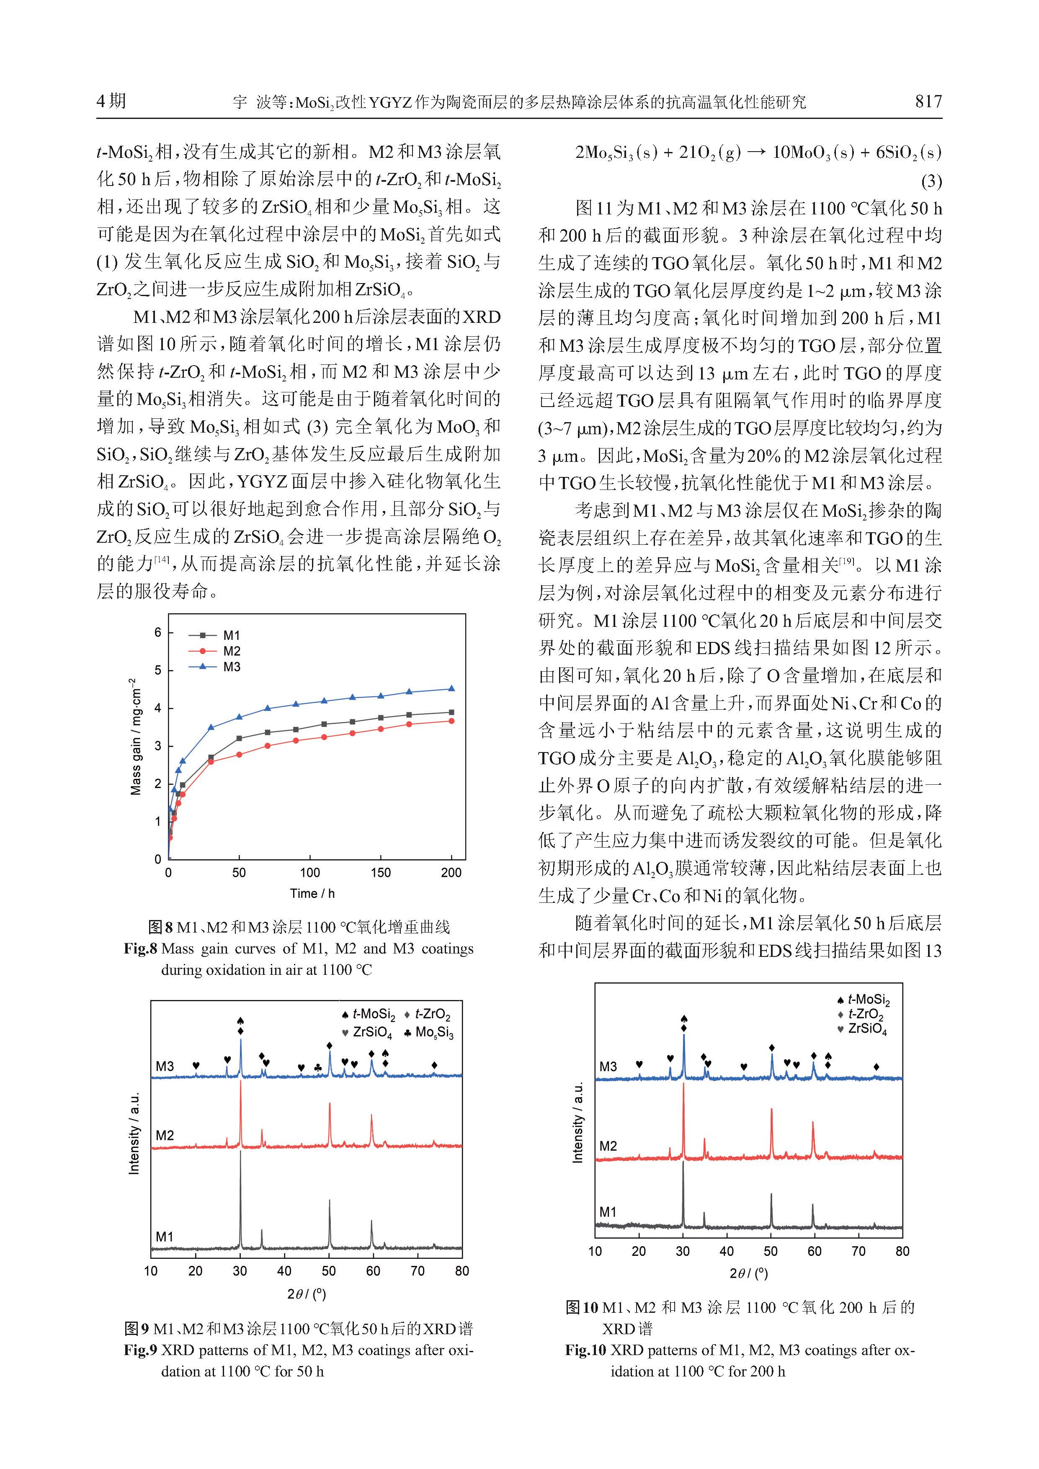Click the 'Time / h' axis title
click(312, 893)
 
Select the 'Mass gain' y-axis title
click(136, 736)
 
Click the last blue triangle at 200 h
click(452, 688)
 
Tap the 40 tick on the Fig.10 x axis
click(727, 1251)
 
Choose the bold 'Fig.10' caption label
click(585, 1350)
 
